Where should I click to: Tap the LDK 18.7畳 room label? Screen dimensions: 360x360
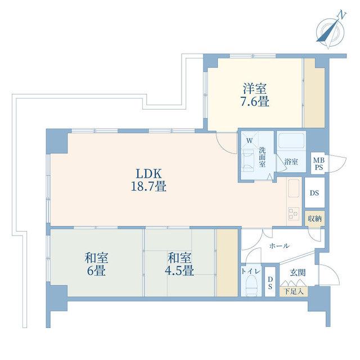pos(148,180)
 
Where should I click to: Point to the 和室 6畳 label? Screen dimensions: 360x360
pos(96,264)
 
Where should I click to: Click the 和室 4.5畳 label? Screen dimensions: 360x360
pos(179,264)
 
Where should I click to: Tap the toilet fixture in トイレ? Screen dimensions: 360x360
pos(251,286)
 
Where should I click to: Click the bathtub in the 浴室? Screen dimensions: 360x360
pos(291,141)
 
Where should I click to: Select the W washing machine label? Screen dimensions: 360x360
pos(249,141)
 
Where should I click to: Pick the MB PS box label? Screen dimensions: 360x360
pos(319,164)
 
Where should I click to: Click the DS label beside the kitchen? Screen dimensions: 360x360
pos(314,193)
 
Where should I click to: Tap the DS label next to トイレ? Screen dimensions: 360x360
pos(270,282)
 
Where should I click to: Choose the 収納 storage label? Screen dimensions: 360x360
pos(314,219)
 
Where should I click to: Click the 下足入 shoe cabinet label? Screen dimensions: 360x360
pos(294,291)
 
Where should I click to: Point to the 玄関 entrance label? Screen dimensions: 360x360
pos(298,273)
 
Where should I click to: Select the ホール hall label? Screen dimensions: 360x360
pos(279,246)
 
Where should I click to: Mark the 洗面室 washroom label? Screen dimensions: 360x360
pos(262,157)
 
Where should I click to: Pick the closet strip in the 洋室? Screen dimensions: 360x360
pos(314,93)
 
